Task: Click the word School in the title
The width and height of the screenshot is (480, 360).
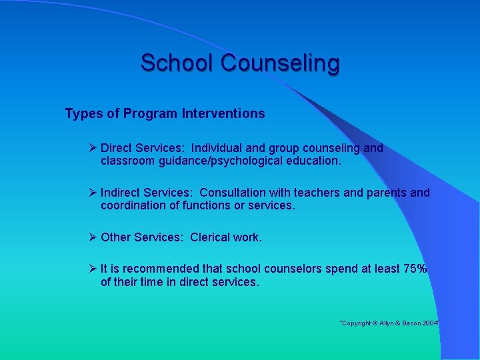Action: click(177, 63)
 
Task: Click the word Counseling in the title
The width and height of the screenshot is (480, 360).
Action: click(280, 63)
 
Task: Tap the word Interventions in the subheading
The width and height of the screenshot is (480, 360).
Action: click(223, 113)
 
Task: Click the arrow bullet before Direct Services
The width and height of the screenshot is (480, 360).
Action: click(93, 148)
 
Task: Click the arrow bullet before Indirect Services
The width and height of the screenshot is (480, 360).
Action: click(93, 193)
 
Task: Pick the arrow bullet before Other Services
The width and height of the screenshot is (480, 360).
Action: click(93, 237)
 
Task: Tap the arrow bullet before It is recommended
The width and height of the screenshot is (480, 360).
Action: click(93, 269)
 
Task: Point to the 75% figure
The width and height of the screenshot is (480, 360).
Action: click(415, 269)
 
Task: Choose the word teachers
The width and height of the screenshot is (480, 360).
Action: click(318, 193)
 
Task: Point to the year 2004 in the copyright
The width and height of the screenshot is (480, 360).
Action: click(429, 323)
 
